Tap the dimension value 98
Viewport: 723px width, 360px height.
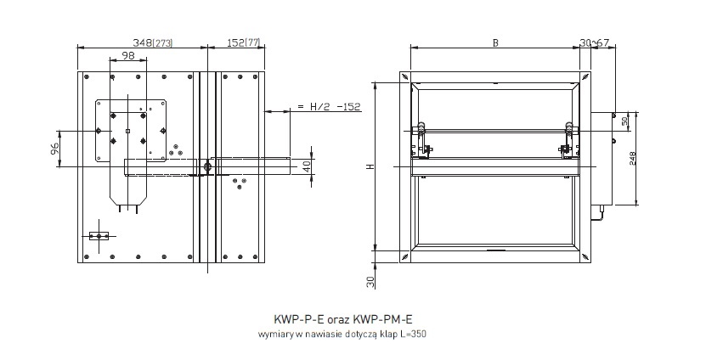[128, 56]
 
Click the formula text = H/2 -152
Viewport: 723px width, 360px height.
[328, 107]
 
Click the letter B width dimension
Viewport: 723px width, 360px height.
[495, 42]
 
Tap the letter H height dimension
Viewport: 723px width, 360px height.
[370, 166]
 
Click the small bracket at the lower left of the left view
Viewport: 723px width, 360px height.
[100, 235]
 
